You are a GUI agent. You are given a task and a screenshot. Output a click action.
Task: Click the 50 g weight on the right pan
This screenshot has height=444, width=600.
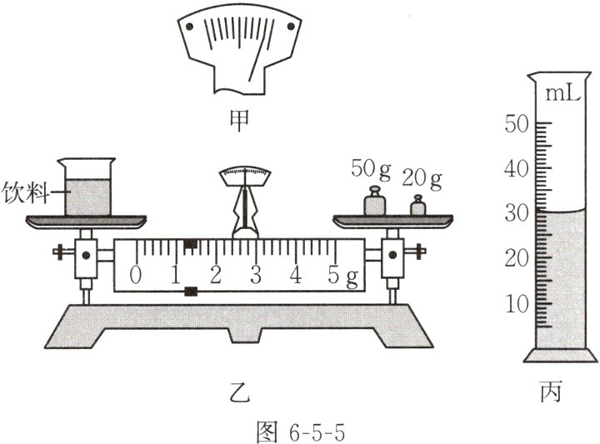pos(374,201)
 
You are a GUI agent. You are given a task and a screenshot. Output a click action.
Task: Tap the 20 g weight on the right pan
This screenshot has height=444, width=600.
pos(417,206)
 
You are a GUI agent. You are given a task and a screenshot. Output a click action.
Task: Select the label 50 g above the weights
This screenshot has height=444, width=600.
pos(371,168)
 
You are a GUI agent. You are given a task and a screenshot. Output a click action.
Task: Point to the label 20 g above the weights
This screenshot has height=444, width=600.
pos(422,178)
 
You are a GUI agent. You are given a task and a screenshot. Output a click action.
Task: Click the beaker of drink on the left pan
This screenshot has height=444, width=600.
pos(87,187)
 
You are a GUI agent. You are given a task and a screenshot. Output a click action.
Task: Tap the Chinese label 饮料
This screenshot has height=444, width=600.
pos(26,192)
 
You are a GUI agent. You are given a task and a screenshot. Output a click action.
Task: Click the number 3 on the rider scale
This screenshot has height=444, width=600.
pos(256,274)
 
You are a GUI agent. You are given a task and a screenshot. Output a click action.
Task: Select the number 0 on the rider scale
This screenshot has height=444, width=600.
pos(135,274)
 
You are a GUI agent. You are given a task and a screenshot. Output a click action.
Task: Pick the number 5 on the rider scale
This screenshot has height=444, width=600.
pos(333,274)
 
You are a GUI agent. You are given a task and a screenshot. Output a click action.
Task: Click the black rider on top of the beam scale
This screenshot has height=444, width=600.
pos(191,243)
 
